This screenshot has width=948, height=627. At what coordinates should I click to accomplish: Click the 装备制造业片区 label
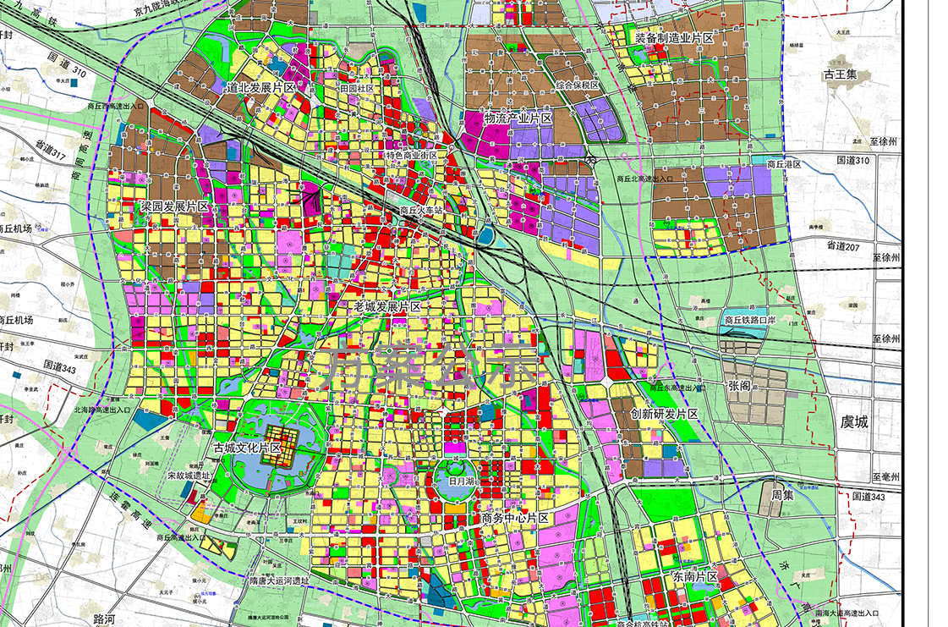click(x=674, y=39)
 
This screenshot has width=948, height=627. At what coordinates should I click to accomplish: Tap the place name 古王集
click(x=841, y=75)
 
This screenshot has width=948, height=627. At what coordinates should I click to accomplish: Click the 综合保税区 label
click(x=577, y=86)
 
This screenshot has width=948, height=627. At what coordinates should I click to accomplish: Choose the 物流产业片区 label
click(x=518, y=118)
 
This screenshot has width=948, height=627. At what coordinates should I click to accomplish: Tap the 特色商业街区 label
click(x=411, y=156)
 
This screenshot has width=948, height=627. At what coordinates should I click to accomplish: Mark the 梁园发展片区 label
click(x=174, y=207)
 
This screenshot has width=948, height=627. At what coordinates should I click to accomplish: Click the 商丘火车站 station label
click(x=422, y=211)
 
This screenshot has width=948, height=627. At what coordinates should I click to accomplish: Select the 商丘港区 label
click(x=782, y=164)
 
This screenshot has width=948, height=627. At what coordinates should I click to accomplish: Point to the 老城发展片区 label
click(x=387, y=306)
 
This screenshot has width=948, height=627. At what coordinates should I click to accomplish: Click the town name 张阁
click(x=738, y=386)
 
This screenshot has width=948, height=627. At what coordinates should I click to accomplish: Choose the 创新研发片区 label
click(x=664, y=414)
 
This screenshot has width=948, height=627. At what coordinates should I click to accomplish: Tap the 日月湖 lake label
click(x=463, y=480)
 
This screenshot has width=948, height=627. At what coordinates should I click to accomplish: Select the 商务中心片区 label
click(x=515, y=518)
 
